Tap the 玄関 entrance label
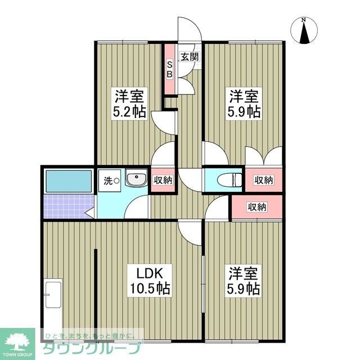click(x=189, y=56)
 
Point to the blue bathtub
click(x=68, y=181)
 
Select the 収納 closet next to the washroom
click(x=163, y=180)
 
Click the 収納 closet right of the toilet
click(x=263, y=180)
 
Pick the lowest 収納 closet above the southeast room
click(x=256, y=206)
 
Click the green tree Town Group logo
click(x=16, y=341)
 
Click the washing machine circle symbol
click(x=116, y=181)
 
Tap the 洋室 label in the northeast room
click(x=244, y=94)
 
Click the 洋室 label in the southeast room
click(x=244, y=274)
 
